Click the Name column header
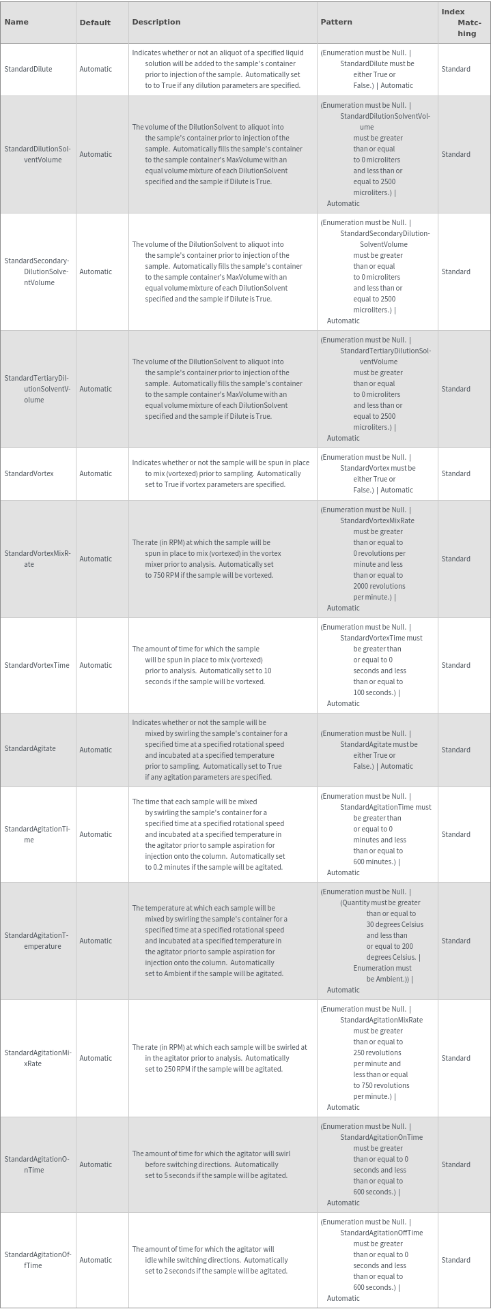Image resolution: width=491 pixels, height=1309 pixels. (16, 22)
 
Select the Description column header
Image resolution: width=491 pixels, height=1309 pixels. (156, 22)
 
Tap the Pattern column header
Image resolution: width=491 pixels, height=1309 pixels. (336, 22)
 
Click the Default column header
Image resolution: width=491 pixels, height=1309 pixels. (95, 23)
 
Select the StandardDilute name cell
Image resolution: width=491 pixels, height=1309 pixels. (29, 69)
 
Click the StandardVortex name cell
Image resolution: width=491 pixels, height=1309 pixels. (29, 473)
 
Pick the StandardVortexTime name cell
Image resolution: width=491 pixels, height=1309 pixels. (37, 665)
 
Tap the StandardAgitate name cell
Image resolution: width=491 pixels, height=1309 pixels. (30, 749)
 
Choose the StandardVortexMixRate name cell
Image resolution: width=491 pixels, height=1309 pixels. (38, 559)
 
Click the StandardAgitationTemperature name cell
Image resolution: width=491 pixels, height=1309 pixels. (38, 941)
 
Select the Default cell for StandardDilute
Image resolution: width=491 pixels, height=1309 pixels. (96, 69)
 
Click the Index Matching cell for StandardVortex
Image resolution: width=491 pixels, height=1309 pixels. (455, 473)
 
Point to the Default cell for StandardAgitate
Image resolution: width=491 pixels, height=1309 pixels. (96, 750)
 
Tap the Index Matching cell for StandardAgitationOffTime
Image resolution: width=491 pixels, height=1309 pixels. (455, 1260)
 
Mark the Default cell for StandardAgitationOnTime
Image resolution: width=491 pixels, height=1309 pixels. (96, 1164)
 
